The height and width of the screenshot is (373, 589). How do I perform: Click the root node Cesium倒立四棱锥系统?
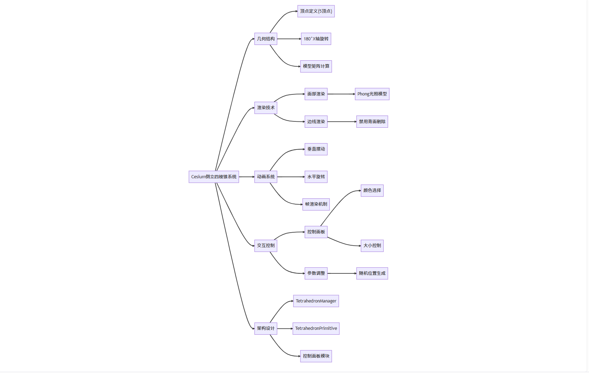pos(214,177)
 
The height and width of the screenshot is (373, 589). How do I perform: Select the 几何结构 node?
pos(266,39)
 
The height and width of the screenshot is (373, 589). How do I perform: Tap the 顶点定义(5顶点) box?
pos(316,11)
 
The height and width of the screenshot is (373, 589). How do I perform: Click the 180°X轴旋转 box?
pos(316,39)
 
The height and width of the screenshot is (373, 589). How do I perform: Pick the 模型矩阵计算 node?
pos(316,66)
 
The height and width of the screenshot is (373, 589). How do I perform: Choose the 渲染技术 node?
pos(266,108)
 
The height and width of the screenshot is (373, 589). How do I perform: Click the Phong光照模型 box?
pos(372,94)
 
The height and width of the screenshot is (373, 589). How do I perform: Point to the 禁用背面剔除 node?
pos(372,122)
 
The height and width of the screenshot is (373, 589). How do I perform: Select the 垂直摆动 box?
pos(316,149)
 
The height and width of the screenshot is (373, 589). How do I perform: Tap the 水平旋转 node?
pos(316,177)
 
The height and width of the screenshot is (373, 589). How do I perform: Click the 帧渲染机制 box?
pos(316,204)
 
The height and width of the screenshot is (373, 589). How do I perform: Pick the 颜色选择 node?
pos(372,191)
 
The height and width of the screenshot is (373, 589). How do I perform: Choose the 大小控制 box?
pos(372,246)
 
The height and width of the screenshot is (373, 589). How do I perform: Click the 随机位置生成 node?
pos(372,273)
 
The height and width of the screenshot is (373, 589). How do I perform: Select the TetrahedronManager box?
pos(316,301)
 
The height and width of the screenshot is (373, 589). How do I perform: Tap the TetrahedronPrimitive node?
pos(316,328)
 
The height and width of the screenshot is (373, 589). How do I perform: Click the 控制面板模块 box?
pos(316,356)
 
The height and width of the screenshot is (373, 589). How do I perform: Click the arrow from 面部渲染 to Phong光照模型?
pos(341,94)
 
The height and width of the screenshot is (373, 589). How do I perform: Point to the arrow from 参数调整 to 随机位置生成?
pos(342,273)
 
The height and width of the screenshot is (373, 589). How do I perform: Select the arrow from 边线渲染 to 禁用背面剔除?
pos(342,122)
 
